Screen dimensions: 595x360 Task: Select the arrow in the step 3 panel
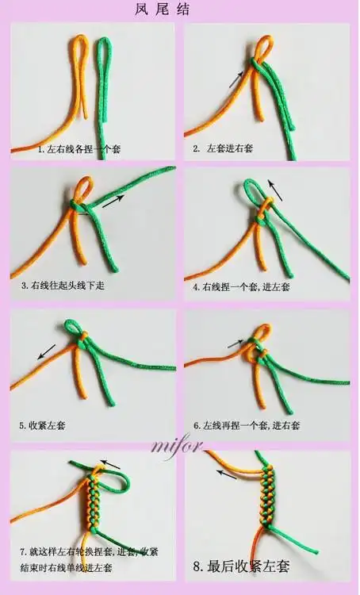click(x=114, y=201)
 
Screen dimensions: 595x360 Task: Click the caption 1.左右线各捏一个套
click(x=81, y=148)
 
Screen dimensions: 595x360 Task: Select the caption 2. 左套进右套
click(x=224, y=148)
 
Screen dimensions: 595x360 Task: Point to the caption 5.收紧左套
click(x=42, y=425)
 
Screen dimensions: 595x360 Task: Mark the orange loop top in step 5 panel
click(x=71, y=327)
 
